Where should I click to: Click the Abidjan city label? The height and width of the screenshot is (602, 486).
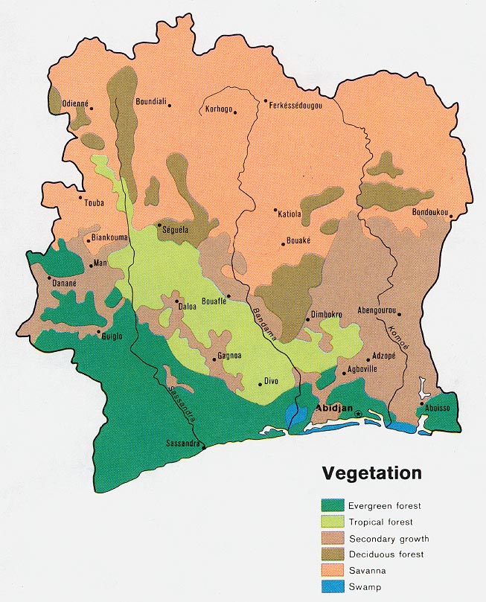click(x=333, y=409)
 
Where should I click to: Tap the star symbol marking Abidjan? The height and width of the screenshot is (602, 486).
click(x=358, y=414)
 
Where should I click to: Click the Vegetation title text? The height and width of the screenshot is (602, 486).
click(x=371, y=473)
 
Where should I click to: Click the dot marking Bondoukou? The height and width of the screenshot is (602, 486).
click(x=451, y=217)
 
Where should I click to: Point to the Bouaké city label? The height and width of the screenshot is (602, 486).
click(x=298, y=241)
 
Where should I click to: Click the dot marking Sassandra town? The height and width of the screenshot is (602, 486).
click(x=203, y=447)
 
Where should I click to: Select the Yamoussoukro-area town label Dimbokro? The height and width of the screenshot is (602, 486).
click(x=327, y=316)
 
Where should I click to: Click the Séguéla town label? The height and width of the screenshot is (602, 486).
click(x=175, y=230)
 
